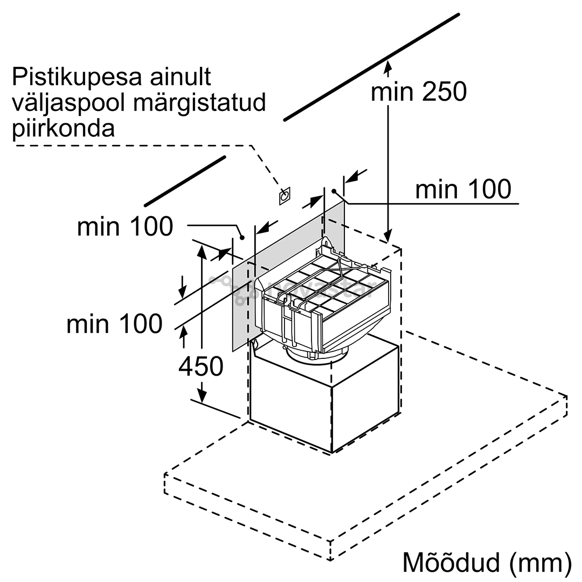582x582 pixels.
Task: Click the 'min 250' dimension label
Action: (419, 92)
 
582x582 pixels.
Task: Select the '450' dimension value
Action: (201, 366)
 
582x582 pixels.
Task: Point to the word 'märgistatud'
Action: (199, 103)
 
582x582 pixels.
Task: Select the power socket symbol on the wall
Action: (285, 196)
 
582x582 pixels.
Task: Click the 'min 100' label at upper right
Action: (463, 189)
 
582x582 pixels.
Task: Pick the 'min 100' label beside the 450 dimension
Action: (114, 324)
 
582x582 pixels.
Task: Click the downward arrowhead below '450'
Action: (202, 395)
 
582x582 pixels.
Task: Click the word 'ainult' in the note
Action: (181, 77)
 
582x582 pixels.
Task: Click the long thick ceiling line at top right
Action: (371, 67)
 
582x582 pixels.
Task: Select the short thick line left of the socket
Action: (185, 181)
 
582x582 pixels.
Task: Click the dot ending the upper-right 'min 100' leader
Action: (334, 191)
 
